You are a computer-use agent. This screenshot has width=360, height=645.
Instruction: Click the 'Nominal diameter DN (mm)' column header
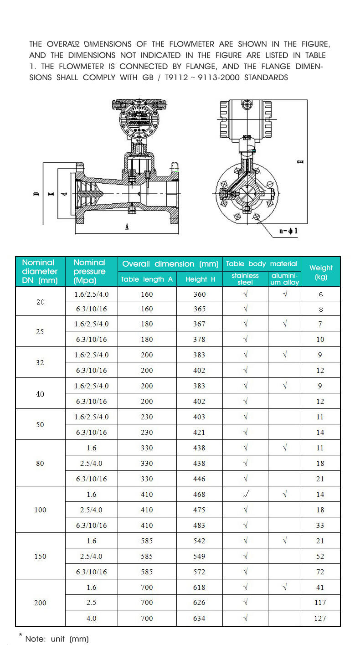[40, 271]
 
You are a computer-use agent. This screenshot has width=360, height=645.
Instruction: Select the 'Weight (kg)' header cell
[321, 272]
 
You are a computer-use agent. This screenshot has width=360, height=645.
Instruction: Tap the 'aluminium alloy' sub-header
[285, 279]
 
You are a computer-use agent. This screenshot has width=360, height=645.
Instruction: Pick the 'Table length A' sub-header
[147, 279]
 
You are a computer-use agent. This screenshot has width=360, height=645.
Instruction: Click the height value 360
[200, 294]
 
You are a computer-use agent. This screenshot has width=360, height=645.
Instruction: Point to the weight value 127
[320, 618]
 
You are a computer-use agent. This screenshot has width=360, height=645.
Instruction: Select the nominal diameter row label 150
[40, 556]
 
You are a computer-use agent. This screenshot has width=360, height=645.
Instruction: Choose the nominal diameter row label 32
[40, 362]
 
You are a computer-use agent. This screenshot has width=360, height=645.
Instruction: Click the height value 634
[200, 618]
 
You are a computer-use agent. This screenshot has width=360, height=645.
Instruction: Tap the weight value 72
[320, 572]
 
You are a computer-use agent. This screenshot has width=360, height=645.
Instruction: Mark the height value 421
[200, 432]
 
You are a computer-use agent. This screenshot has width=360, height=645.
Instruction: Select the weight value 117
[320, 603]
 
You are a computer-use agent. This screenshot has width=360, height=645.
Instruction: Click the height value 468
[200, 494]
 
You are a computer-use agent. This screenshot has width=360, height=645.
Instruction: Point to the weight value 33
[320, 525]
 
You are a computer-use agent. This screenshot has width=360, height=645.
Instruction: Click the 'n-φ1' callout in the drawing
[288, 231]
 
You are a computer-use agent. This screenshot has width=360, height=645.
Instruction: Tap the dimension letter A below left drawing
[126, 227]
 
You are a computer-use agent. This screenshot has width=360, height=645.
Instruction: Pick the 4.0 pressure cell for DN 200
[92, 618]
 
